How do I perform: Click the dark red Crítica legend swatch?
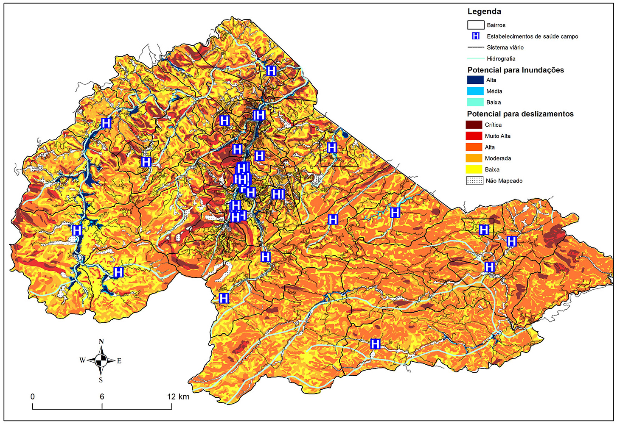pos(474,125)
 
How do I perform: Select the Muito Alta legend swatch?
pos(474,136)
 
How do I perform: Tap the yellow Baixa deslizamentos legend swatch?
pos(474,169)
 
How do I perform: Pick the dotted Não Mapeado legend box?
pos(474,180)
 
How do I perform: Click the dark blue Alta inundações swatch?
pos(475,80)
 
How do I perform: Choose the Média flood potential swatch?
pos(475,91)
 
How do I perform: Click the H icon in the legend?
pos(476,36)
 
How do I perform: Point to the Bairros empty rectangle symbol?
pos(476,25)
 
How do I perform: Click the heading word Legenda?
pos(484,11)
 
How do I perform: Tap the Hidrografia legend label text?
pos(501,58)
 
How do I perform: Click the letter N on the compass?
pos(101,341)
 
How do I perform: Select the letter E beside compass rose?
pos(119,361)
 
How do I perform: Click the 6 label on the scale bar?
pos(102,396)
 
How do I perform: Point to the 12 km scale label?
pos(178,396)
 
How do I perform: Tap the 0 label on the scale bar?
pos(33,396)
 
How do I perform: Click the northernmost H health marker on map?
pos(271,70)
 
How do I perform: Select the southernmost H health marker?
pos(375,344)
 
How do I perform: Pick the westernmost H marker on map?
pos(77,230)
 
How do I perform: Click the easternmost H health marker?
pos(512,241)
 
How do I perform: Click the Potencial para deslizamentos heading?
pos(520,114)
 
